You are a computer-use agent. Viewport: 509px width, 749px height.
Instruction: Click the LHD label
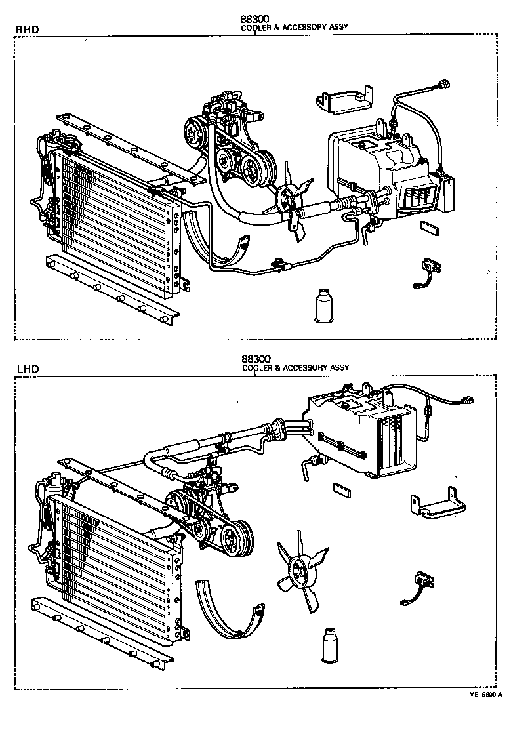click(26, 369)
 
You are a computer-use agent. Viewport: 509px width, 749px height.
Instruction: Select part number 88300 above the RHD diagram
click(255, 19)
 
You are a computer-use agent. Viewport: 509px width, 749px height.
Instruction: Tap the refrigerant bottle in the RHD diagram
click(323, 305)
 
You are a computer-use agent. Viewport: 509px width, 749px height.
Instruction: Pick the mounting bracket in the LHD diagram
click(437, 502)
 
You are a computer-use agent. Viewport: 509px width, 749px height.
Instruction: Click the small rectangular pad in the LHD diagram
click(343, 488)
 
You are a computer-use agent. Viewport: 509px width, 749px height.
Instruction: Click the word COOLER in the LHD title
click(257, 369)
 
